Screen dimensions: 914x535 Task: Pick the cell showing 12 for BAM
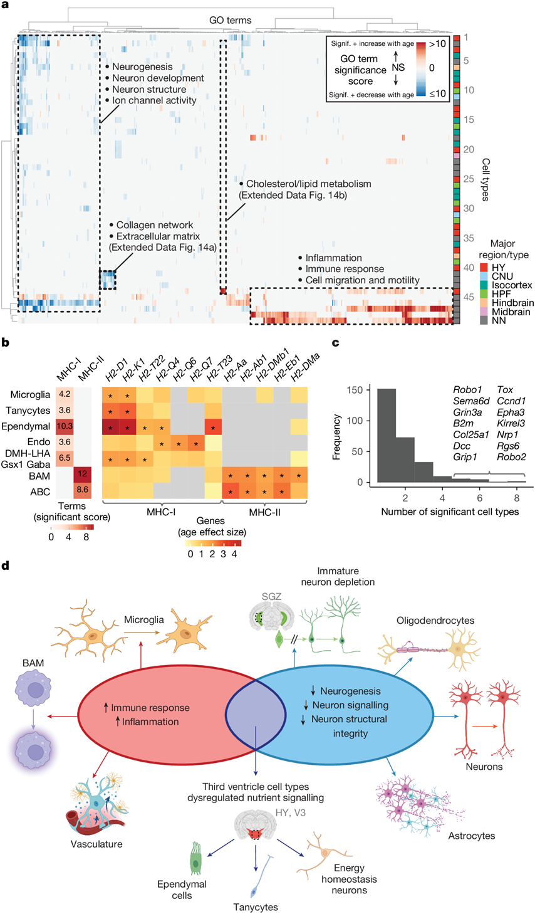82,474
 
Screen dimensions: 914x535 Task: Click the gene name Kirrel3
511,424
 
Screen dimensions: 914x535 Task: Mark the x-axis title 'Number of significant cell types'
450,512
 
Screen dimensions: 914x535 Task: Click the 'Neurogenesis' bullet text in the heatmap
142,67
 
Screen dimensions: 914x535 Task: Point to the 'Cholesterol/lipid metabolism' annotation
308,184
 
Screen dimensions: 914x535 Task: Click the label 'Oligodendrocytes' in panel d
435,621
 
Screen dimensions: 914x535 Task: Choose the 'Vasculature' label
96,844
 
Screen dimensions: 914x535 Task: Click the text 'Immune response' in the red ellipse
150,708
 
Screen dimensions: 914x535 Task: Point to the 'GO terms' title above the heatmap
230,21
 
